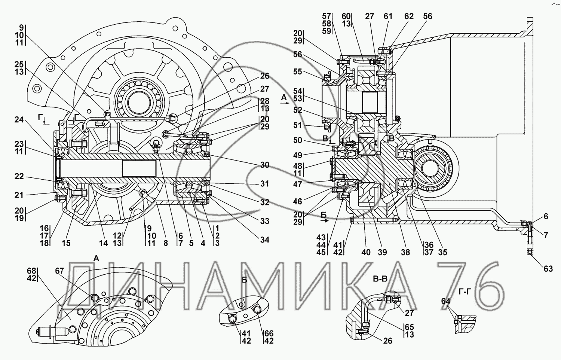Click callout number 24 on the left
[x=19, y=120]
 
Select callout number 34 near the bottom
[x=264, y=240]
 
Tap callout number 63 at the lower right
[x=548, y=269]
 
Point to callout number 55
[x=298, y=71]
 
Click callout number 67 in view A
[x=59, y=271]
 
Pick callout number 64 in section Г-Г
[x=446, y=301]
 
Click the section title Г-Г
[x=465, y=292]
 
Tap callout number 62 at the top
[x=409, y=16]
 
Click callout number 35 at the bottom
[x=442, y=252]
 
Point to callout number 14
[x=103, y=243]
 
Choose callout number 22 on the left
[x=19, y=176]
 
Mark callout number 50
[x=298, y=140]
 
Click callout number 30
[x=264, y=165]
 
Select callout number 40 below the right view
[x=366, y=252]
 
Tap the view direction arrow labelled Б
[x=325, y=220]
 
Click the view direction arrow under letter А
[x=285, y=103]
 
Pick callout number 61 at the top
[x=388, y=16]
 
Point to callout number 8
[x=166, y=243]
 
